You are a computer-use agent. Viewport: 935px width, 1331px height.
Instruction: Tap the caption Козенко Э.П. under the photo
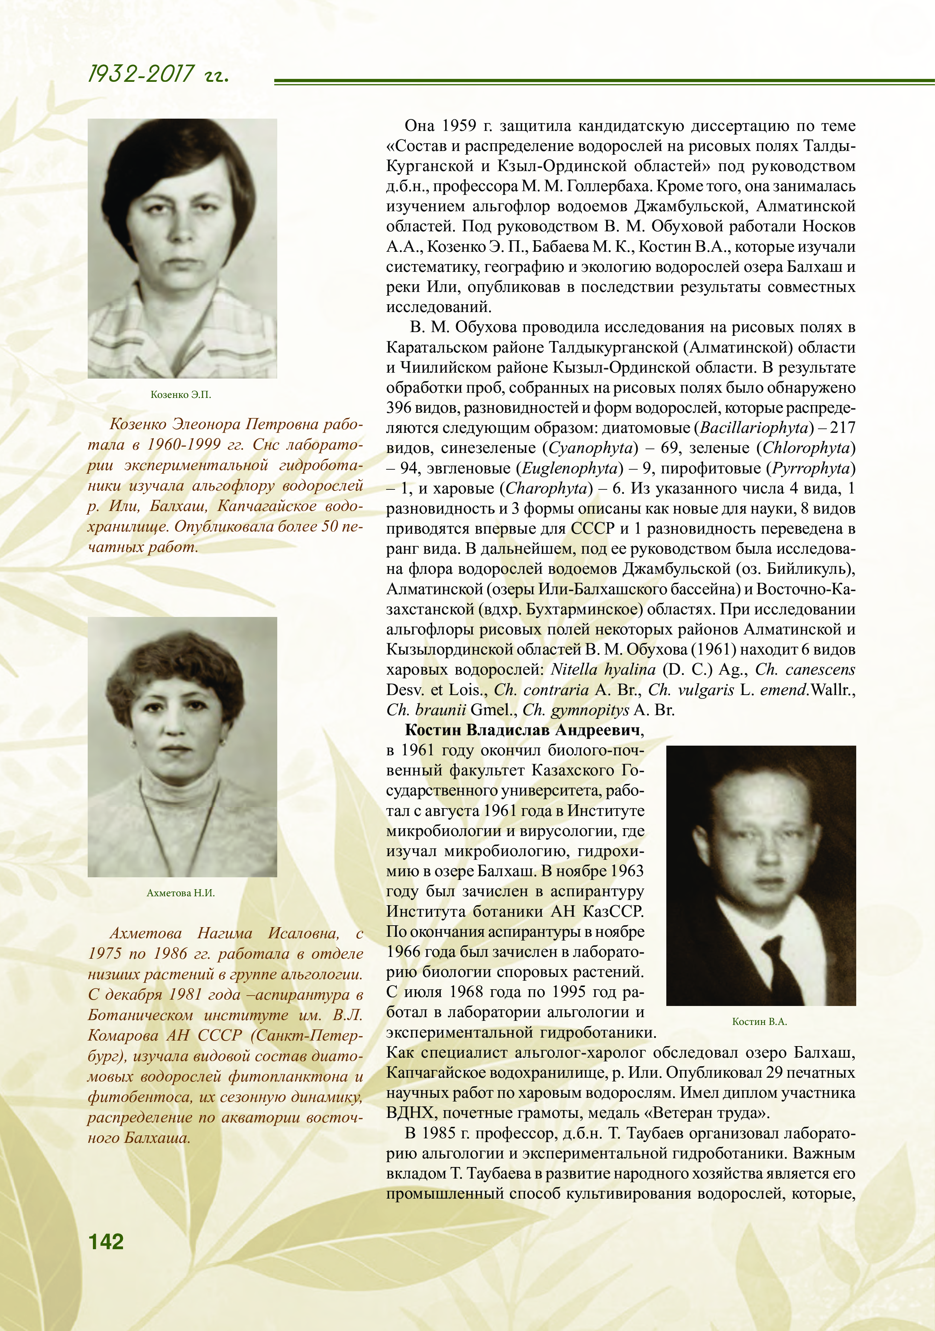click(181, 395)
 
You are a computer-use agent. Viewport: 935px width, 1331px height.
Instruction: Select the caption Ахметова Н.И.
click(181, 893)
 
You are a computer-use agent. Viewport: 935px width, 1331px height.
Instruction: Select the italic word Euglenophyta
click(570, 469)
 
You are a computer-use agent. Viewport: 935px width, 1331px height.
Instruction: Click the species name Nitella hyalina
click(602, 669)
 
